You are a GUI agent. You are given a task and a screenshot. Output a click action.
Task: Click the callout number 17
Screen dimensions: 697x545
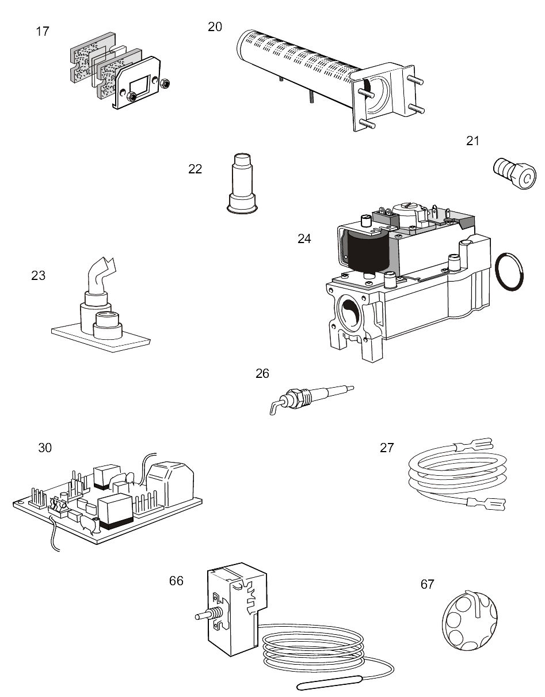pos(43,31)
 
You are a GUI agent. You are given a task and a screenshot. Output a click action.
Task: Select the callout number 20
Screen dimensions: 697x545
pos(215,26)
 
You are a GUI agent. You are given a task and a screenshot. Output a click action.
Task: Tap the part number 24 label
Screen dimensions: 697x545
pos(304,238)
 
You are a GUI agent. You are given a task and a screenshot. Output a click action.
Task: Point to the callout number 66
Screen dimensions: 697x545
pos(176,581)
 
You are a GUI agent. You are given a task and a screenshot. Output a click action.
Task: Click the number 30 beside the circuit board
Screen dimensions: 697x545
pos(45,448)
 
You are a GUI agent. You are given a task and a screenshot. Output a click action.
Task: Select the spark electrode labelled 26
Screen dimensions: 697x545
pos(311,396)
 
